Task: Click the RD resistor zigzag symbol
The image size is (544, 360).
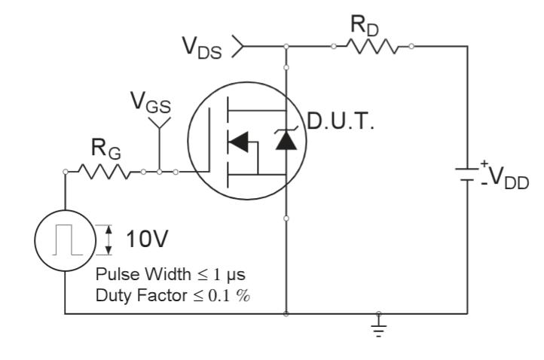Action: [x=373, y=47]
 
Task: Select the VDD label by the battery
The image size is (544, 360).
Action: [x=506, y=180]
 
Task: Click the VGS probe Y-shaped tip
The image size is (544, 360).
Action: [x=160, y=123]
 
